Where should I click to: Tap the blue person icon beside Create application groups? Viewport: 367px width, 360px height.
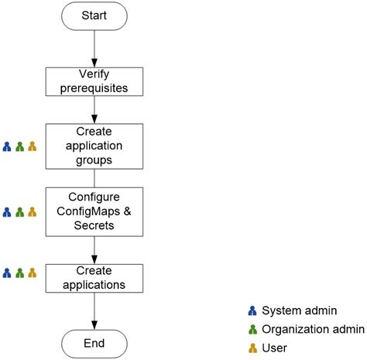point(7,146)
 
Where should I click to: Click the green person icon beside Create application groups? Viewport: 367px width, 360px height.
point(19,146)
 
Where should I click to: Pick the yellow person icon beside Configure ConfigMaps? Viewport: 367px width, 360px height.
point(32,211)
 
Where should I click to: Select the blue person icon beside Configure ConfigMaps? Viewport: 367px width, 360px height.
point(7,211)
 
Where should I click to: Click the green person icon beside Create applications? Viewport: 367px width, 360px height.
point(19,273)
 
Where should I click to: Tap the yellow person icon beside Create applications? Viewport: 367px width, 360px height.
point(32,273)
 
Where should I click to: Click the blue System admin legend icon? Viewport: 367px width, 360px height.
point(252,310)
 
